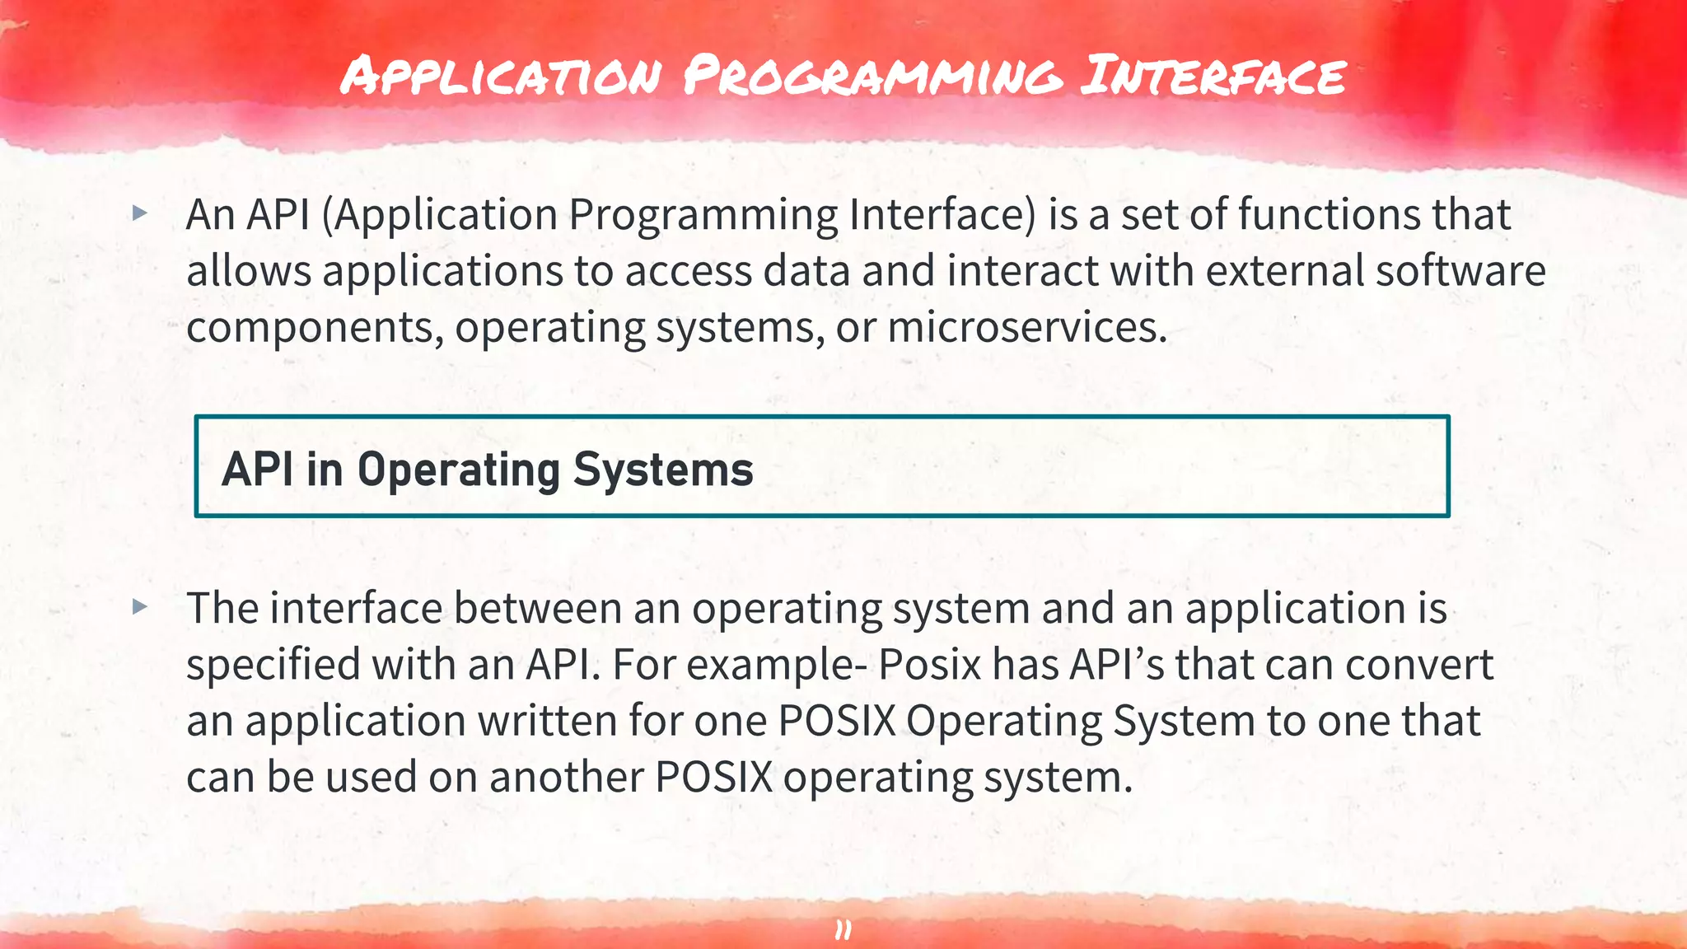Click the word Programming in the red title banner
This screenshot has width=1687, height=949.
[x=872, y=77]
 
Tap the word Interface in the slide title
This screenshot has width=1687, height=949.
[x=1213, y=75]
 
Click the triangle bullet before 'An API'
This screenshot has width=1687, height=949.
[x=140, y=213]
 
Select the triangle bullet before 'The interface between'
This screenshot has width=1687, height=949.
[x=140, y=607]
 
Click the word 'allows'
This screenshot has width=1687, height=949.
[x=249, y=270]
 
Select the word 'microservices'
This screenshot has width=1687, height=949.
[x=1026, y=327]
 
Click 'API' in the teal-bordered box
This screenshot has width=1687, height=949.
[x=257, y=470]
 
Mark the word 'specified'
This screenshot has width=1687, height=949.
[x=273, y=666]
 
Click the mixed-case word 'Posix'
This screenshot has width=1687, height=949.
[x=930, y=665]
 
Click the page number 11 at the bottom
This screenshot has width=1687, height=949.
[x=843, y=930]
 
